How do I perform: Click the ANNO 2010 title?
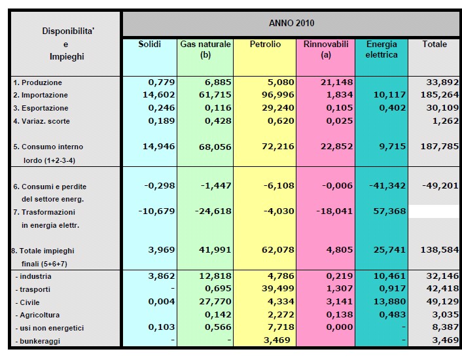[x=291, y=23]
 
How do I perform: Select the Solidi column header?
[x=149, y=45]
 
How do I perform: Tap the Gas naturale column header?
[x=205, y=49]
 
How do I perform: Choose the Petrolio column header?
[x=265, y=45]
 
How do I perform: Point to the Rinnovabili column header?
[x=326, y=49]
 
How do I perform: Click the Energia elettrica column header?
[x=382, y=49]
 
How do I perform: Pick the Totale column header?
[x=435, y=45]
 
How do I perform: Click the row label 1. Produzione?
[x=38, y=83]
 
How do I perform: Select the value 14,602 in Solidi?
[x=158, y=96]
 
